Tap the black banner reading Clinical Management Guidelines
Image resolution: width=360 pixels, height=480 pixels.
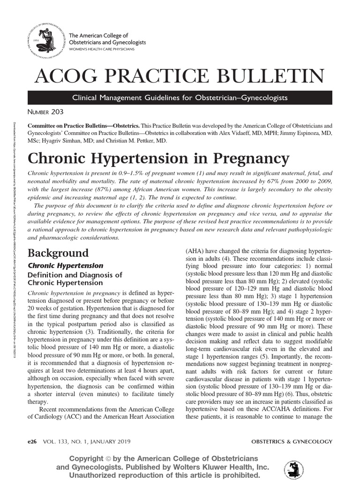coord(180,97)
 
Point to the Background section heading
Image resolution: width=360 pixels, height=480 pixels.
coord(58,253)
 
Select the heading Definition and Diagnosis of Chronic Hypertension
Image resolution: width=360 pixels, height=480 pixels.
coord(75,279)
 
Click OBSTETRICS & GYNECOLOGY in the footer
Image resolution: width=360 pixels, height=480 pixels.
coord(292,442)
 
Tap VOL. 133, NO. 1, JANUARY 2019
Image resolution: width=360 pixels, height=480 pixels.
coord(86,442)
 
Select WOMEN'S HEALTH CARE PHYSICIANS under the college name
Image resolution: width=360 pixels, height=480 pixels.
coord(102,49)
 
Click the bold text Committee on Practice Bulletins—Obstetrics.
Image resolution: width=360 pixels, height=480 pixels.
coord(83,127)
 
